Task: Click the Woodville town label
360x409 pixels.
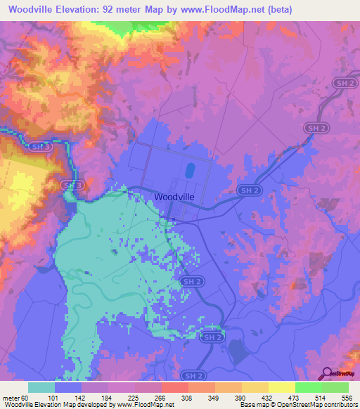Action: [x=174, y=197]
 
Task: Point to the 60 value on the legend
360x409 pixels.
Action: [x=25, y=398]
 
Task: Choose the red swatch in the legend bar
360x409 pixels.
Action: [x=174, y=387]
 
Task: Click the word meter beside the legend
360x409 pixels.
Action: [x=10, y=398]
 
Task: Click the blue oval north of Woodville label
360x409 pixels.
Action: [x=189, y=171]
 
